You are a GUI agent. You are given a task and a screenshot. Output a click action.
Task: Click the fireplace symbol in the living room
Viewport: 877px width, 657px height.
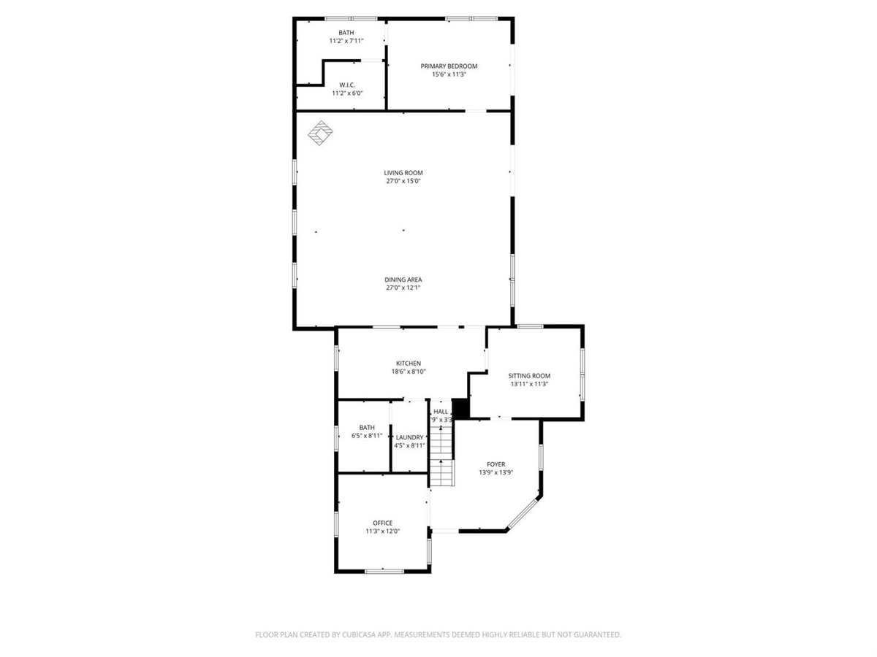[320, 133]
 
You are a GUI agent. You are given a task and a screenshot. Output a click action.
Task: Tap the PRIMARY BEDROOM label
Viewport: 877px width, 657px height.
[449, 66]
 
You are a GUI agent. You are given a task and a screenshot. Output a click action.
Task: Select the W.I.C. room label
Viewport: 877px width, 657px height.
[347, 85]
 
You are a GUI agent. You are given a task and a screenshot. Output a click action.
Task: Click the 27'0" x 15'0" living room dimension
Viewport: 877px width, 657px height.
[403, 181]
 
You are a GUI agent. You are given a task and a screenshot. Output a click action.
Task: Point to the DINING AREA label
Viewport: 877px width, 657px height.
[403, 280]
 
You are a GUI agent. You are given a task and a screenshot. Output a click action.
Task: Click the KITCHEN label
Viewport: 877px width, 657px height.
[409, 364]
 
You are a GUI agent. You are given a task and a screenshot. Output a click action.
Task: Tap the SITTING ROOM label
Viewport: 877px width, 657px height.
[529, 376]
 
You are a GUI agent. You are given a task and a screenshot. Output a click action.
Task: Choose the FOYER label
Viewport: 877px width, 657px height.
[496, 464]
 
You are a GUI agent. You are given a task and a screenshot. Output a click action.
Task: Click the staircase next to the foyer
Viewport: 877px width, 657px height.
[441, 456]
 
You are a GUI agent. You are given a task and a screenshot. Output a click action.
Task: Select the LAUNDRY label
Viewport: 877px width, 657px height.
[409, 437]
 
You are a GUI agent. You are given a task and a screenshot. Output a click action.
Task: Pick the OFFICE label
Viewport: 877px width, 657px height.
[382, 523]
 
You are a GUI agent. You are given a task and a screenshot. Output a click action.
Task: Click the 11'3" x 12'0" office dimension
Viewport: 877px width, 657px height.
[382, 531]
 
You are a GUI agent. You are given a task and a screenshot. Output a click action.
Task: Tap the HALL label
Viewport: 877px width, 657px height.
[441, 411]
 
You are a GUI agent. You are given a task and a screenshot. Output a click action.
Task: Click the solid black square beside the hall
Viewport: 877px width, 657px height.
[460, 409]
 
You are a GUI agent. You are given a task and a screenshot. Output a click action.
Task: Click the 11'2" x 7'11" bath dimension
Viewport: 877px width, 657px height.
[346, 41]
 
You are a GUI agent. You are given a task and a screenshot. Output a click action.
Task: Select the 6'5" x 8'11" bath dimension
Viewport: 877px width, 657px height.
[367, 436]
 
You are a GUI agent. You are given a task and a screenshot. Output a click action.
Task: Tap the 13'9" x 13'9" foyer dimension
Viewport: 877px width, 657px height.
[496, 473]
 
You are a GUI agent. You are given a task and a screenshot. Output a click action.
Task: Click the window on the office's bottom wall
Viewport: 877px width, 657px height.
[384, 572]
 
